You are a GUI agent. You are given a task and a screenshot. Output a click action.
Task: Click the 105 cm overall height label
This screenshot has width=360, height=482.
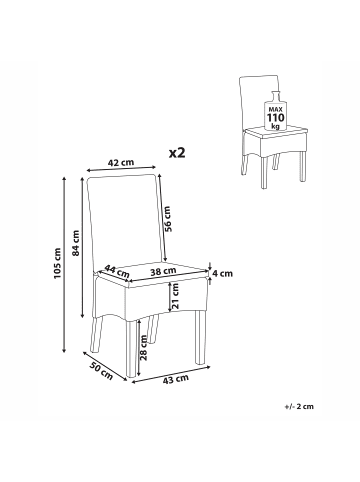tap(57, 263)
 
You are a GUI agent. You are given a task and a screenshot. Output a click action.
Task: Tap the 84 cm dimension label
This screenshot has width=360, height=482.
tap(76, 243)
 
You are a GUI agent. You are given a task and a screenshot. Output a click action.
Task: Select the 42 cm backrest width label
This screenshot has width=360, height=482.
tap(121, 162)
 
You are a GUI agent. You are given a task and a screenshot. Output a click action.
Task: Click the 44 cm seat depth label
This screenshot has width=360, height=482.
tap(117, 271)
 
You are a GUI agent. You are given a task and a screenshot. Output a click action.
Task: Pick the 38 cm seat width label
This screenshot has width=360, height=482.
tap(163, 271)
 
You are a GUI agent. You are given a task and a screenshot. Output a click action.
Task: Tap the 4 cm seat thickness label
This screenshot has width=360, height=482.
tap(223, 274)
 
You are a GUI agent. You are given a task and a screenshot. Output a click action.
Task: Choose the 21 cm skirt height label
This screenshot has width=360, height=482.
tap(176, 295)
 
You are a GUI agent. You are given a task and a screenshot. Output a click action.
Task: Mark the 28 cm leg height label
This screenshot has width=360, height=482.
tap(144, 348)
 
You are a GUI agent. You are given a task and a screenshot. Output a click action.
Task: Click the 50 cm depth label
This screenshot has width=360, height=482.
tap(101, 370)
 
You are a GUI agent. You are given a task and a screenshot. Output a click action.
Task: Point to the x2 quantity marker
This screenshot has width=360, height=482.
tap(177, 153)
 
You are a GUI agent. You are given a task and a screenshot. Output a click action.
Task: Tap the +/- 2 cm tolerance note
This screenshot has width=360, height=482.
tap(299, 406)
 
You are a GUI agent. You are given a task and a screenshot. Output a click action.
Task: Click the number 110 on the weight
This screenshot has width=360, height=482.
tap(275, 118)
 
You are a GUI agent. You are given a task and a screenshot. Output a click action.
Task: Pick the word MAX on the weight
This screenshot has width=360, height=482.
tap(275, 110)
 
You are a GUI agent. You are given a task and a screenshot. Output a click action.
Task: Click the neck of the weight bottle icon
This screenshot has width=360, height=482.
tap(275, 96)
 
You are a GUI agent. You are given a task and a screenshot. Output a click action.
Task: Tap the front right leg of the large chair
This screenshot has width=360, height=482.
tap(200, 337)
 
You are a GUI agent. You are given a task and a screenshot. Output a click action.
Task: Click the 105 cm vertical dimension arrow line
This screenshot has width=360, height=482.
tap(64, 264)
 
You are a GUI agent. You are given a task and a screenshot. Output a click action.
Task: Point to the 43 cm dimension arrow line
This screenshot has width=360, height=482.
tap(171, 374)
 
